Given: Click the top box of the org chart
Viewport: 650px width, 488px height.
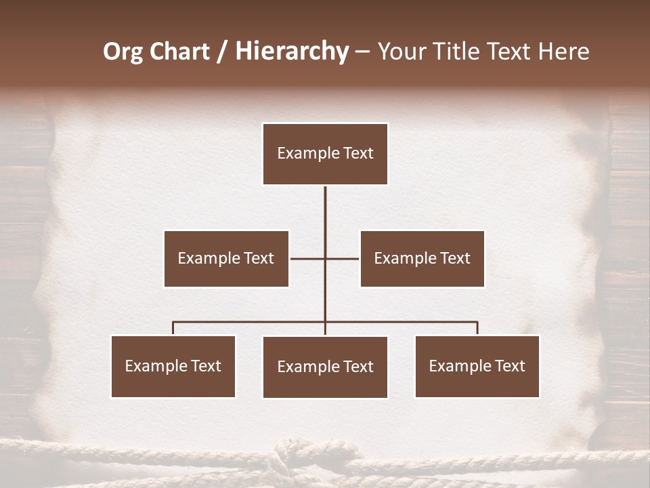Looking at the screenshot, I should click(x=325, y=154).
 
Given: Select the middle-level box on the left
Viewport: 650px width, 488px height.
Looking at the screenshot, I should click(x=226, y=258).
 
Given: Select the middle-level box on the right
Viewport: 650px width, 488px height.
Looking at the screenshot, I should click(x=422, y=258).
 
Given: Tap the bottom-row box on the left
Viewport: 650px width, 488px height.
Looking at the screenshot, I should click(x=173, y=366).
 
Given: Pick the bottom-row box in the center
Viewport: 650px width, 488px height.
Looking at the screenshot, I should click(x=325, y=367).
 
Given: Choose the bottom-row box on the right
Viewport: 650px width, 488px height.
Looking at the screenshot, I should click(x=477, y=366).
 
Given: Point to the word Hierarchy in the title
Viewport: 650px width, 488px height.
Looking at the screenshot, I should click(x=292, y=52).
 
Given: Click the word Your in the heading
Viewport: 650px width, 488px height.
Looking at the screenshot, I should click(x=402, y=52).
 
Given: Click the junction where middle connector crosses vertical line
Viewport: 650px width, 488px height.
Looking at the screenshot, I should click(x=325, y=258).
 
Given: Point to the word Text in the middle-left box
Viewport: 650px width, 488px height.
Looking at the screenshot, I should click(x=259, y=258).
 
